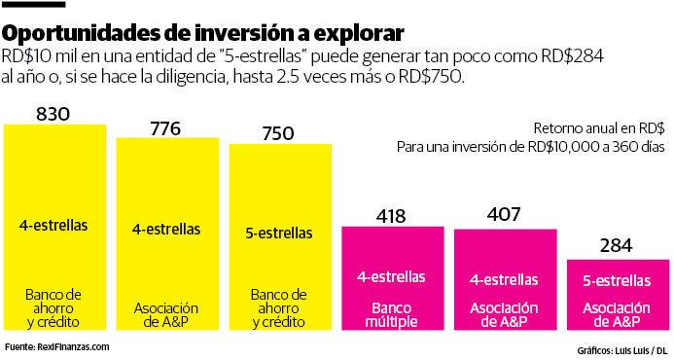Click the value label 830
pos(53,113)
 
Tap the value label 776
pos(165,127)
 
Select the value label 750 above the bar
pos(278,134)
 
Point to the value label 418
pos(391,216)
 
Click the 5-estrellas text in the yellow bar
pos(278,234)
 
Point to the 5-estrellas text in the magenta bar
pos(618,281)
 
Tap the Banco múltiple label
pos(391,314)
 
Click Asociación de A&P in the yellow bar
pos(165,314)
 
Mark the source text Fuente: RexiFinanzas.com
pos(57,346)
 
